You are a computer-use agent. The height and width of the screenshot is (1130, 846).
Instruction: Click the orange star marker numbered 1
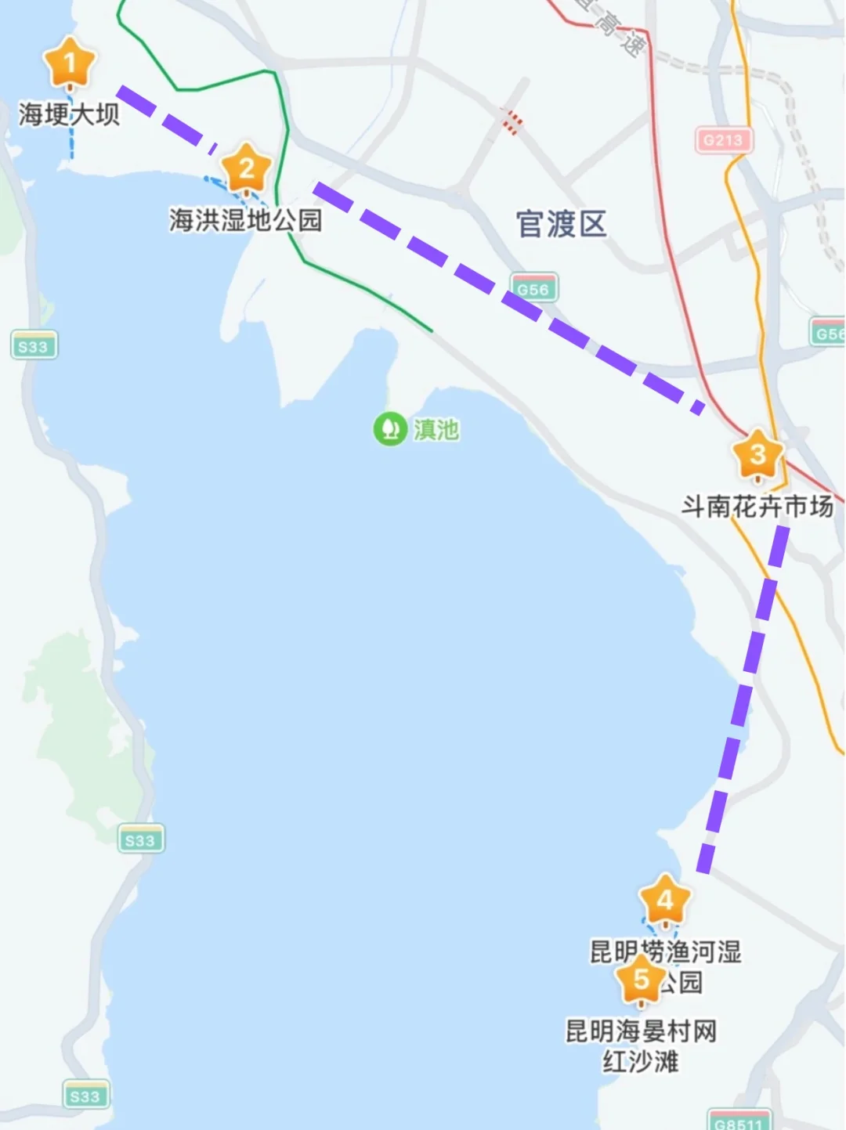(70, 63)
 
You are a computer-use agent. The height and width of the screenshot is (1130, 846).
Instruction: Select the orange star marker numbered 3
(757, 455)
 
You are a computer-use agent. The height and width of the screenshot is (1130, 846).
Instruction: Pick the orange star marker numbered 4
(665, 901)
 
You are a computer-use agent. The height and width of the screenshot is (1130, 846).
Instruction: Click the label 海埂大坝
(69, 114)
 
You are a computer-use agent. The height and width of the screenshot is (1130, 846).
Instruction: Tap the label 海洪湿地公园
(245, 220)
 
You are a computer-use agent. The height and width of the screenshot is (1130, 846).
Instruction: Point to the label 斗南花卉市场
(757, 507)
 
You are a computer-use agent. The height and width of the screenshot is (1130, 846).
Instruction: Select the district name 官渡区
(561, 224)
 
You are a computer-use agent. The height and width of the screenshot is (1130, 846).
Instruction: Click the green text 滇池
(436, 429)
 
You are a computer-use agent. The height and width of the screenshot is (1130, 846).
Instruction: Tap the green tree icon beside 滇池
(389, 429)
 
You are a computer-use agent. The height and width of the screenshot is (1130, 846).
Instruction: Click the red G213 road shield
(722, 140)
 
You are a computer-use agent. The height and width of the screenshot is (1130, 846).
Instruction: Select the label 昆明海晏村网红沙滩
(641, 1045)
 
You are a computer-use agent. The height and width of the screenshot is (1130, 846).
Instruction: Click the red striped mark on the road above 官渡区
(511, 121)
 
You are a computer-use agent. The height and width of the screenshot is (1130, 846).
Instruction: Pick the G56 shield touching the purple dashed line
(533, 288)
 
